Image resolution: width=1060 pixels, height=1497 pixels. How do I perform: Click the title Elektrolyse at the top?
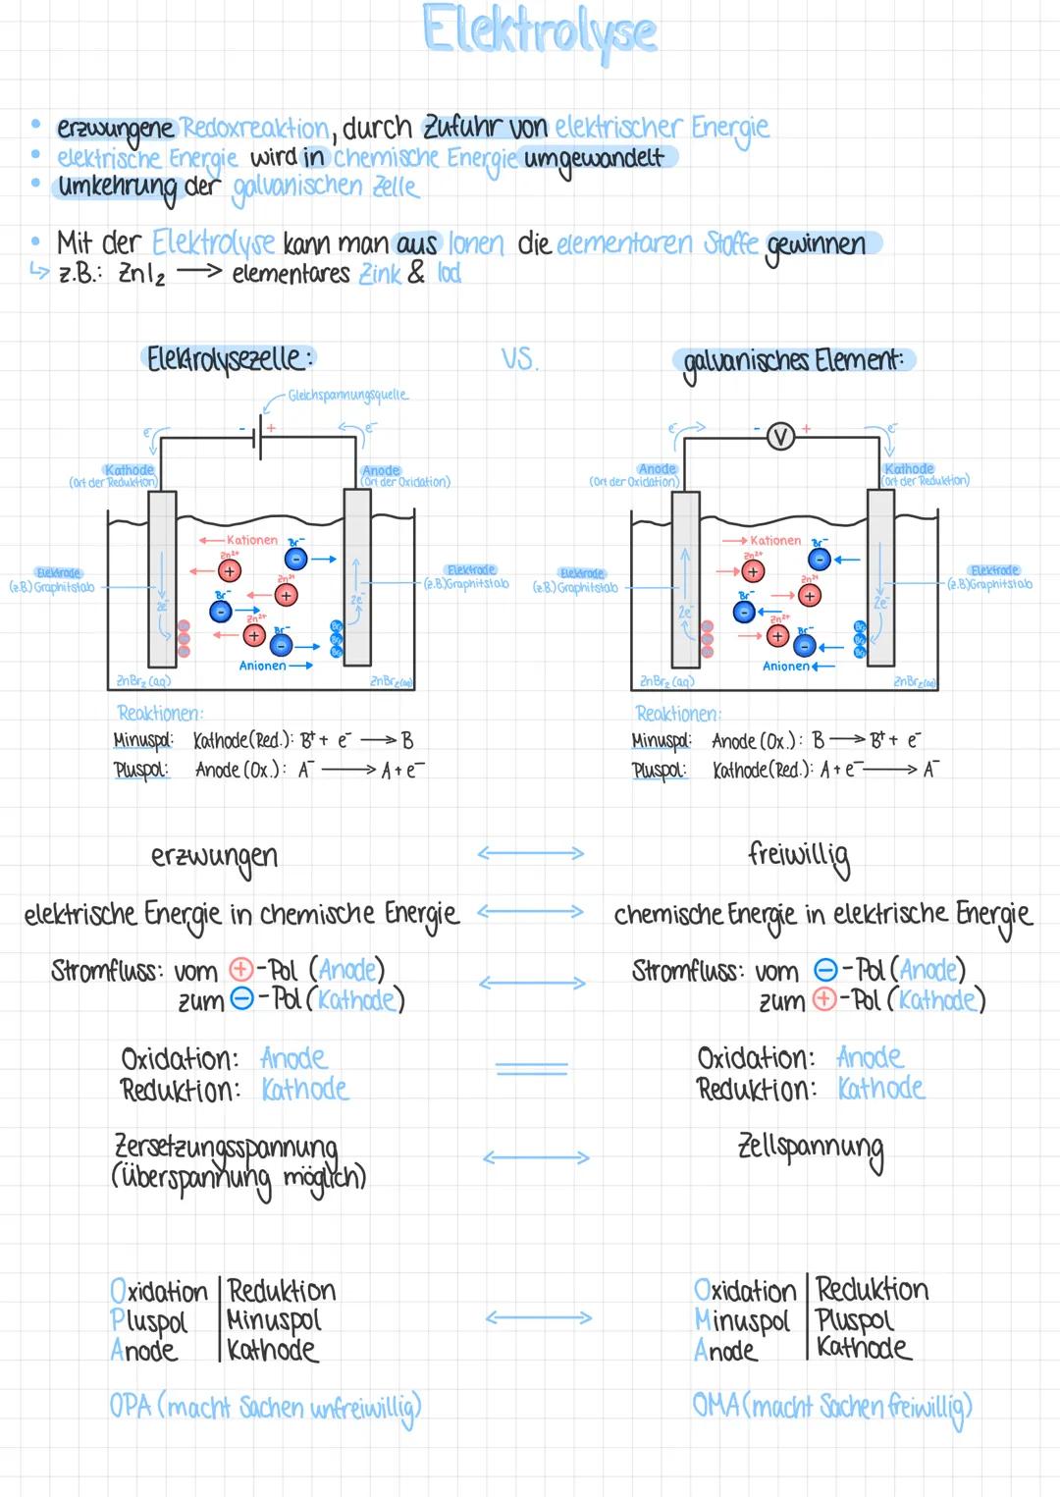[539, 30]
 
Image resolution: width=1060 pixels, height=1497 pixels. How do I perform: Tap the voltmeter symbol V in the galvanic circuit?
[780, 436]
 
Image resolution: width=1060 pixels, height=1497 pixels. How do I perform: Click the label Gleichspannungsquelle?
[348, 395]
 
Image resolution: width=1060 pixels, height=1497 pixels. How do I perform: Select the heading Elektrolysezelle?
[230, 359]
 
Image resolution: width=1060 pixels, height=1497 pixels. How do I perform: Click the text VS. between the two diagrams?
[519, 359]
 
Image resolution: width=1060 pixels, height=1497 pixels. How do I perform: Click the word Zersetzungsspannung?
[226, 1147]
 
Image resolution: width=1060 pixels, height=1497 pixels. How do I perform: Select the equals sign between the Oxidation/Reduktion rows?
[531, 1068]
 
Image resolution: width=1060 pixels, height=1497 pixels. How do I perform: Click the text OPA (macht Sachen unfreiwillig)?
[265, 1408]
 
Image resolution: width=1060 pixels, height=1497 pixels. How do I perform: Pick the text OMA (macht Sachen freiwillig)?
[831, 1407]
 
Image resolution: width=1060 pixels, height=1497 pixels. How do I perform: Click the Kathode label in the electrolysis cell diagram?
[129, 470]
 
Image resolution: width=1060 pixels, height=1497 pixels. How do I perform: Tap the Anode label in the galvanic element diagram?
[657, 469]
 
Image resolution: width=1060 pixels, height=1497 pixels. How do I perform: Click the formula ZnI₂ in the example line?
[141, 274]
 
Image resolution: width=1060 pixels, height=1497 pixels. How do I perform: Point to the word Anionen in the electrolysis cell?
[262, 666]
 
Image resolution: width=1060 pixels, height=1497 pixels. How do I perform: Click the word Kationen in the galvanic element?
[775, 540]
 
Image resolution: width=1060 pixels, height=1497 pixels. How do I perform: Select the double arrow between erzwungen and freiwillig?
[531, 853]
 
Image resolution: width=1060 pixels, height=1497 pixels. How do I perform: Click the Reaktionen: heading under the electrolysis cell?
[160, 713]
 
